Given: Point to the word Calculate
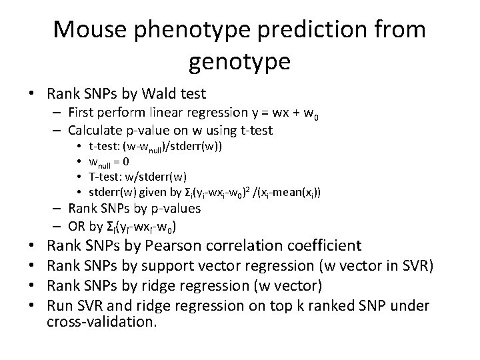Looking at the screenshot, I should tap(94, 131).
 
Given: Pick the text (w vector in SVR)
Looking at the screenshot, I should tap(373, 267).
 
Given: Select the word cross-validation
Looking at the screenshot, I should tap(102, 323).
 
